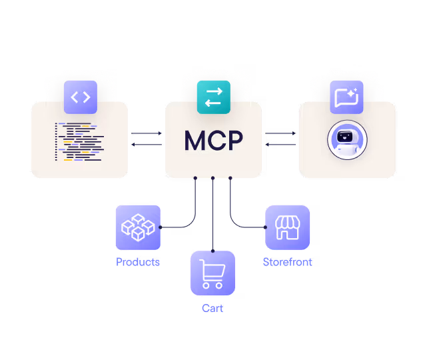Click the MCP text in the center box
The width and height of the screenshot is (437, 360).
213,141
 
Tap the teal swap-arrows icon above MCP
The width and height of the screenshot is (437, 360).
213,97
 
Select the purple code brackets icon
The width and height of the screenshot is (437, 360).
80,97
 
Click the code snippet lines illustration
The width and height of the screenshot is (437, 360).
79,142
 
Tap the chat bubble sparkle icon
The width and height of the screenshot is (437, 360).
346,97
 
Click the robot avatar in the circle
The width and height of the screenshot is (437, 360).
347,141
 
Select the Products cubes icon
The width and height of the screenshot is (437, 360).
138,227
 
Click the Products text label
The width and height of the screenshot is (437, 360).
138,262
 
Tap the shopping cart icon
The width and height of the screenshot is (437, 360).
213,273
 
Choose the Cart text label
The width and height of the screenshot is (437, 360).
213,308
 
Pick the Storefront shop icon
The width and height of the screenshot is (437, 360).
288,227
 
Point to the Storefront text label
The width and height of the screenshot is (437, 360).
288,262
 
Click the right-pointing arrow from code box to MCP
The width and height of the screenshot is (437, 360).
147,133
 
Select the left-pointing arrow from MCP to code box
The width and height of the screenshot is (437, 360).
147,145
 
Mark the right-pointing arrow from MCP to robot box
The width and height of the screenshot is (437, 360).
280,133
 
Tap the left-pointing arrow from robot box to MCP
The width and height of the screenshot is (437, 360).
280,145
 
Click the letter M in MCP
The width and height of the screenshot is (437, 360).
195,141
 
